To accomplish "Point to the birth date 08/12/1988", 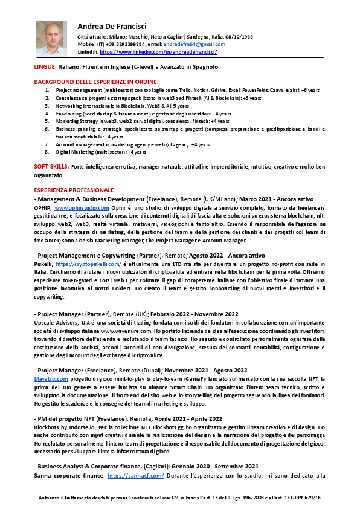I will [x=240, y=37].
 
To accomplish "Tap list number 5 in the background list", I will [x=48, y=121].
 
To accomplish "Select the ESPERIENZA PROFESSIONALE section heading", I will [x=74, y=190].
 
